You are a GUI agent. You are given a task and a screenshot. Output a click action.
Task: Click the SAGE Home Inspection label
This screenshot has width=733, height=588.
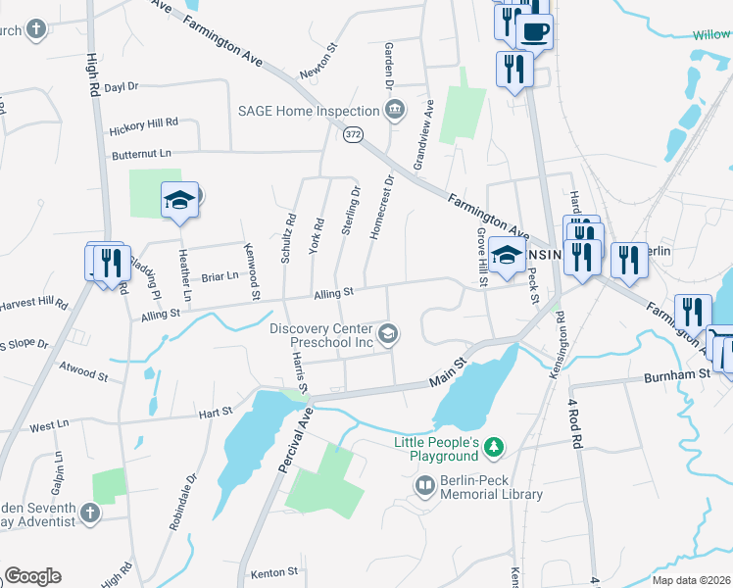point(309,111)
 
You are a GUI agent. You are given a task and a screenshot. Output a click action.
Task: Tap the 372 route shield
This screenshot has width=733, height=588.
point(354,134)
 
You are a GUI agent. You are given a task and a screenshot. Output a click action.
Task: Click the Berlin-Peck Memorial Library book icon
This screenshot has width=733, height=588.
point(425,485)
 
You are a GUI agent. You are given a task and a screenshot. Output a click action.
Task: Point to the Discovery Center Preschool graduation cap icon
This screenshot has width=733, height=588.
point(388,335)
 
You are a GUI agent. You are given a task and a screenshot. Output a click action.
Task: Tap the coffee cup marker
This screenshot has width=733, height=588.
point(534,31)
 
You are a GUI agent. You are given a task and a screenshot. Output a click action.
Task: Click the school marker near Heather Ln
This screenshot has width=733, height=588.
point(179,201)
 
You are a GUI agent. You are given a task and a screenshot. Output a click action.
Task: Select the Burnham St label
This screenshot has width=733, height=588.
point(676,375)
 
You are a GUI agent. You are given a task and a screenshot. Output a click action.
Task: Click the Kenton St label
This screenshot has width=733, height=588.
point(273,571)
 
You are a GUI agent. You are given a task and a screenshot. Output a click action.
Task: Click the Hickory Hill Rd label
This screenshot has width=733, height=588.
point(143,124)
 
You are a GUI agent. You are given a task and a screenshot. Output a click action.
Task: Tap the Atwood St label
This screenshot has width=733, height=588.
point(82,373)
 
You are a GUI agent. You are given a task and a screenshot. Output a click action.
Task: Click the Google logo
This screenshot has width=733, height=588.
point(32,576)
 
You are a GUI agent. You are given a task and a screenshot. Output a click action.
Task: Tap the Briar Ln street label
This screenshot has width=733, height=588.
point(220,276)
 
